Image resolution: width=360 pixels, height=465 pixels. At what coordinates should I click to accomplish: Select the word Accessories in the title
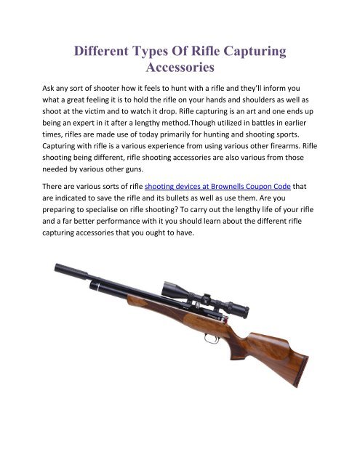pos(180,70)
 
